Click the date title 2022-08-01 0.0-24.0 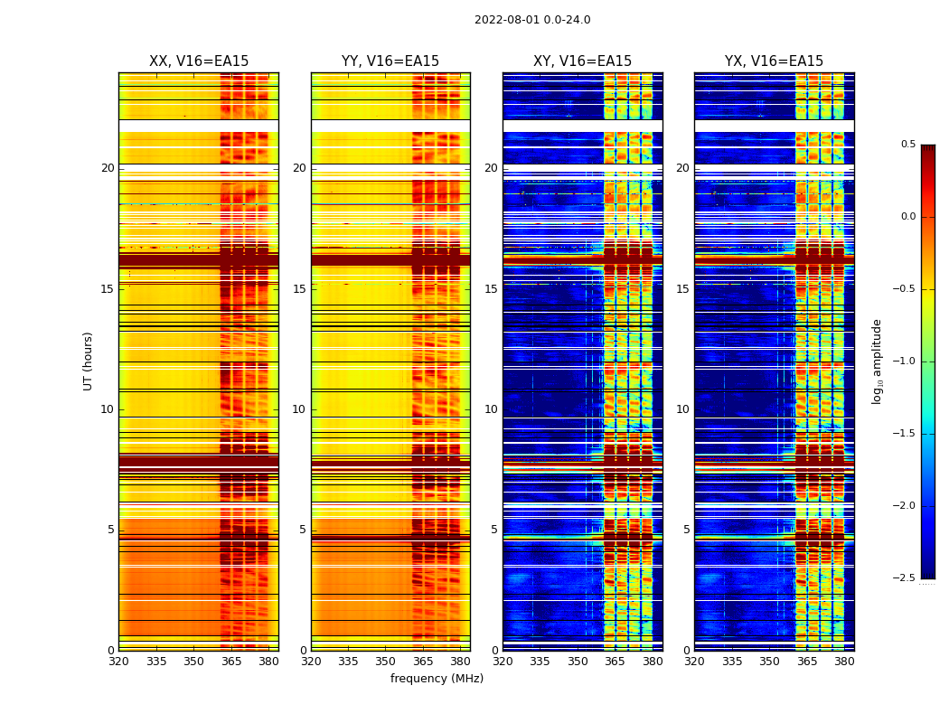[x=532, y=20]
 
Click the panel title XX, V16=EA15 [x=199, y=61]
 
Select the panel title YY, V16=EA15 [x=390, y=61]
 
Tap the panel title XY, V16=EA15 [x=582, y=61]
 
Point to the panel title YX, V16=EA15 [x=774, y=61]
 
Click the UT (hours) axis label [x=89, y=361]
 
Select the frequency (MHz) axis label [x=437, y=679]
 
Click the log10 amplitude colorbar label [x=877, y=361]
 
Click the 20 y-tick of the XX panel [x=108, y=168]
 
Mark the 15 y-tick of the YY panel [x=300, y=289]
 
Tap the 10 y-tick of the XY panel [x=491, y=409]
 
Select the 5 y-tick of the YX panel [x=687, y=530]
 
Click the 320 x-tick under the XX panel [x=118, y=662]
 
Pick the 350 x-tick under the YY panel [x=386, y=662]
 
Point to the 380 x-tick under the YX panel [x=844, y=662]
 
